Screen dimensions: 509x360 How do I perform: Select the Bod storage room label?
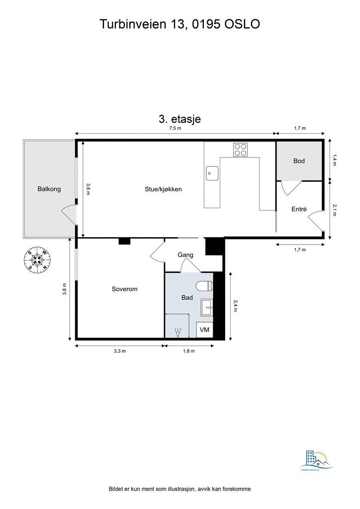(299, 161)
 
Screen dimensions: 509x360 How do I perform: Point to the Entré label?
(299, 209)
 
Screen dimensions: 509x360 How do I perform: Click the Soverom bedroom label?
(124, 289)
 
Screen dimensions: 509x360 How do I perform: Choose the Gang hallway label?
(185, 255)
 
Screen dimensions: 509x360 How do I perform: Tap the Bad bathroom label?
(187, 297)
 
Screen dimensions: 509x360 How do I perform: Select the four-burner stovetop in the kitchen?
(241, 149)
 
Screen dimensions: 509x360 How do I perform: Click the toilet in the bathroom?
(204, 285)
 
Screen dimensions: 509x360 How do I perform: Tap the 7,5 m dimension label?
(175, 128)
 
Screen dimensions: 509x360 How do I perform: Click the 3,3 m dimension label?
(120, 351)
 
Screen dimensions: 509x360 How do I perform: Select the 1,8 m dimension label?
(189, 351)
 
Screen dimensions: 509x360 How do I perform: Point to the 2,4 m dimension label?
(235, 305)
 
